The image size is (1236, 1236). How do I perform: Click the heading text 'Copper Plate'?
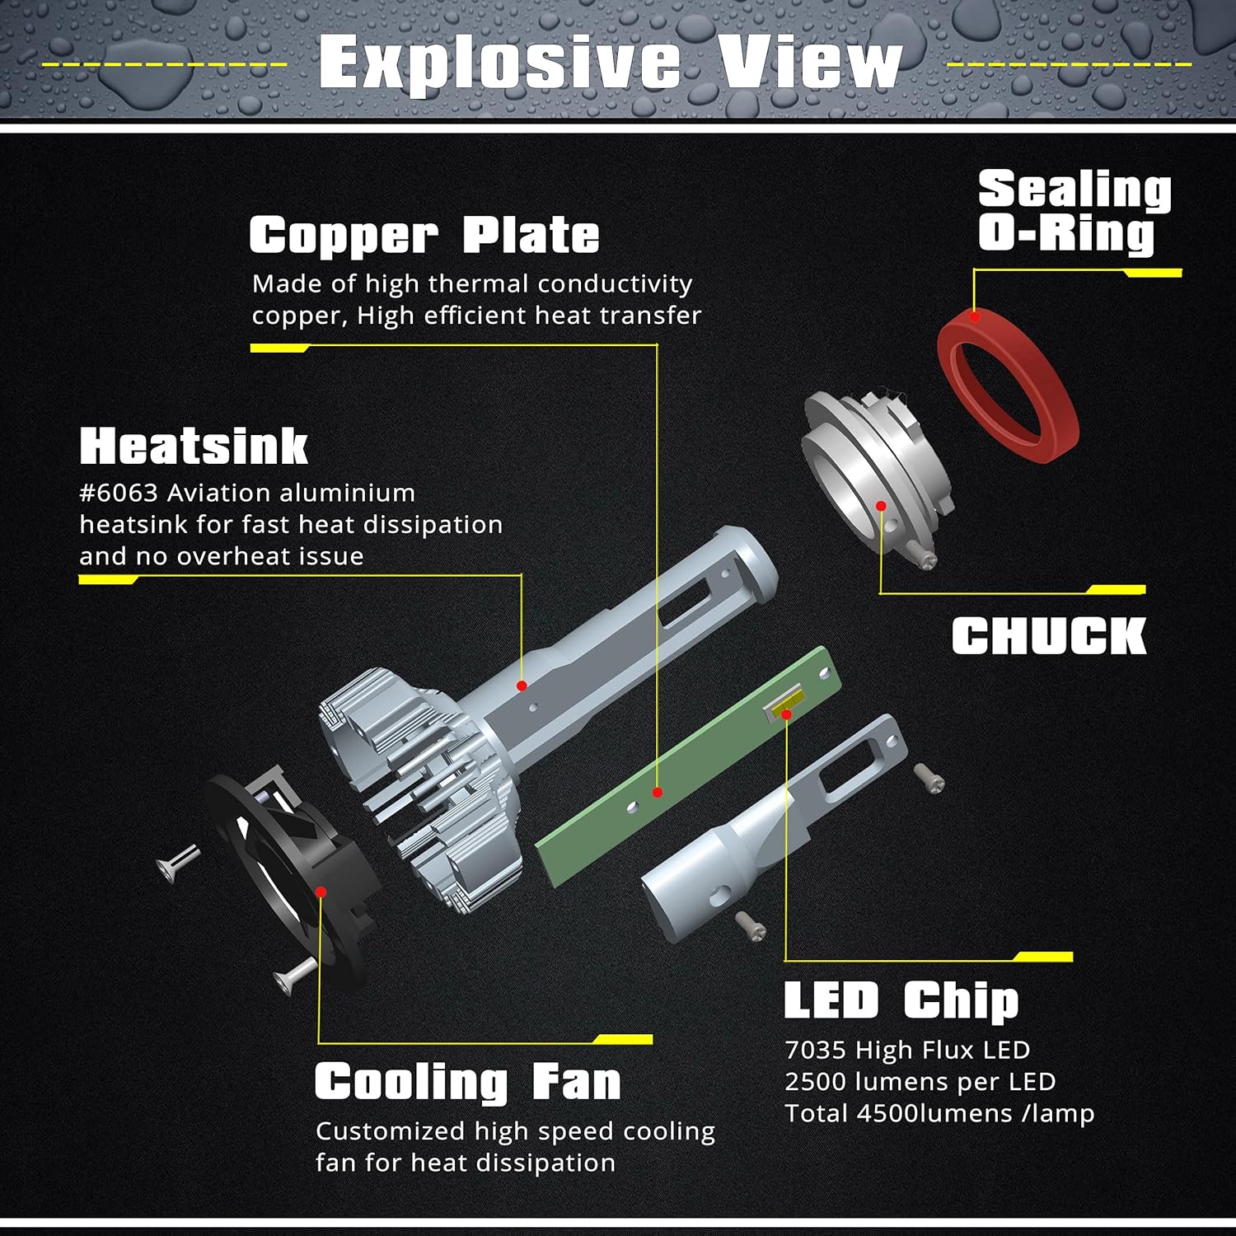[x=424, y=236]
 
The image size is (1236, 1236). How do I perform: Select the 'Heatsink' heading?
[x=194, y=447]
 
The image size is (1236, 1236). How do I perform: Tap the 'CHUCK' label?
[x=1049, y=636]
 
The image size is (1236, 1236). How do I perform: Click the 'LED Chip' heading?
[x=901, y=1000]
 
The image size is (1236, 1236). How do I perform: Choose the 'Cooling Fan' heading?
[x=467, y=1082]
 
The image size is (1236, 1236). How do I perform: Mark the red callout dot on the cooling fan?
[x=321, y=892]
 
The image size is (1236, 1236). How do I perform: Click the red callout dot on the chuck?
[x=881, y=506]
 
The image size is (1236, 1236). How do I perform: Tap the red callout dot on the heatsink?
[x=522, y=686]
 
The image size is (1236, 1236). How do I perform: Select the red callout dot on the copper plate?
[x=657, y=792]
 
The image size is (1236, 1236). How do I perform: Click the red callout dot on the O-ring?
[x=975, y=316]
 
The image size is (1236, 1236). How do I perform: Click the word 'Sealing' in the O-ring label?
[x=1074, y=190]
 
